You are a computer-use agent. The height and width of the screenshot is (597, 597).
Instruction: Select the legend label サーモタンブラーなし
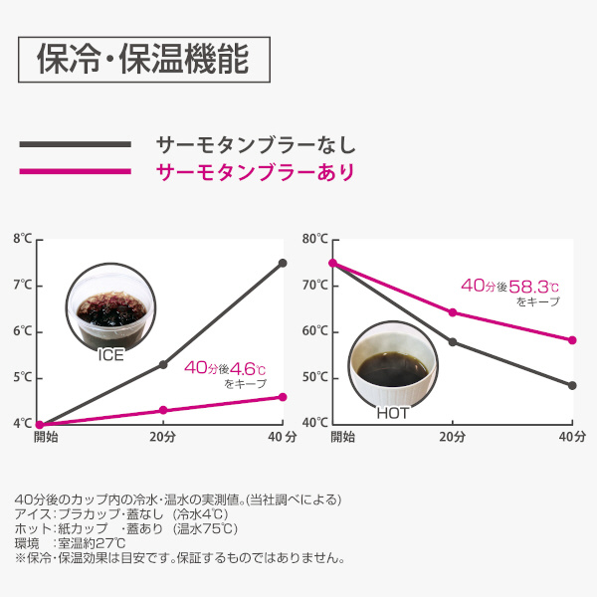coord(255,144)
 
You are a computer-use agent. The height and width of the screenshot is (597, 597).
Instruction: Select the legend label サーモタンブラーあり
coord(255,172)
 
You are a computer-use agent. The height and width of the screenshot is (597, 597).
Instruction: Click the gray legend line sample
coord(75,145)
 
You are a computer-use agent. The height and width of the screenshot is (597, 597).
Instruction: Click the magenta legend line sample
coord(75,172)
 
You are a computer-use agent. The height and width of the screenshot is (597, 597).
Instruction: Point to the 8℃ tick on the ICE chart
coord(22,239)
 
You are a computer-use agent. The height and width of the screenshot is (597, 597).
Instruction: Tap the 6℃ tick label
coord(22,331)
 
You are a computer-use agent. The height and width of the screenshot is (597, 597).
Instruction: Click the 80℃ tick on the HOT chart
coord(314,239)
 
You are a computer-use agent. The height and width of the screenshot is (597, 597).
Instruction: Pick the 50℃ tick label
coord(314,377)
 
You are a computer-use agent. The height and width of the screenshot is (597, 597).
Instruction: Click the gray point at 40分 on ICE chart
coord(283,263)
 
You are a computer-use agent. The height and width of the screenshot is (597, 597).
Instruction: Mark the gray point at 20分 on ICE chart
coord(163,364)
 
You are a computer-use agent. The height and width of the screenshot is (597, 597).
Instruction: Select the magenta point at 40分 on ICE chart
coord(283,397)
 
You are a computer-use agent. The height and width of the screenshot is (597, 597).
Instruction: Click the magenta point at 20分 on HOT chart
coord(453,312)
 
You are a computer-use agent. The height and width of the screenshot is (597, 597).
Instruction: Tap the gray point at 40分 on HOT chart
coord(572,385)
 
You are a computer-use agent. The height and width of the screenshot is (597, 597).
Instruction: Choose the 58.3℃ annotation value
coord(536,286)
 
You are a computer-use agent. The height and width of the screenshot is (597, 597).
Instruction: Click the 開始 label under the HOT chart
coord(342,436)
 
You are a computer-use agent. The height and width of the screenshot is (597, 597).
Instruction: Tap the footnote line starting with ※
coord(179,558)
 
